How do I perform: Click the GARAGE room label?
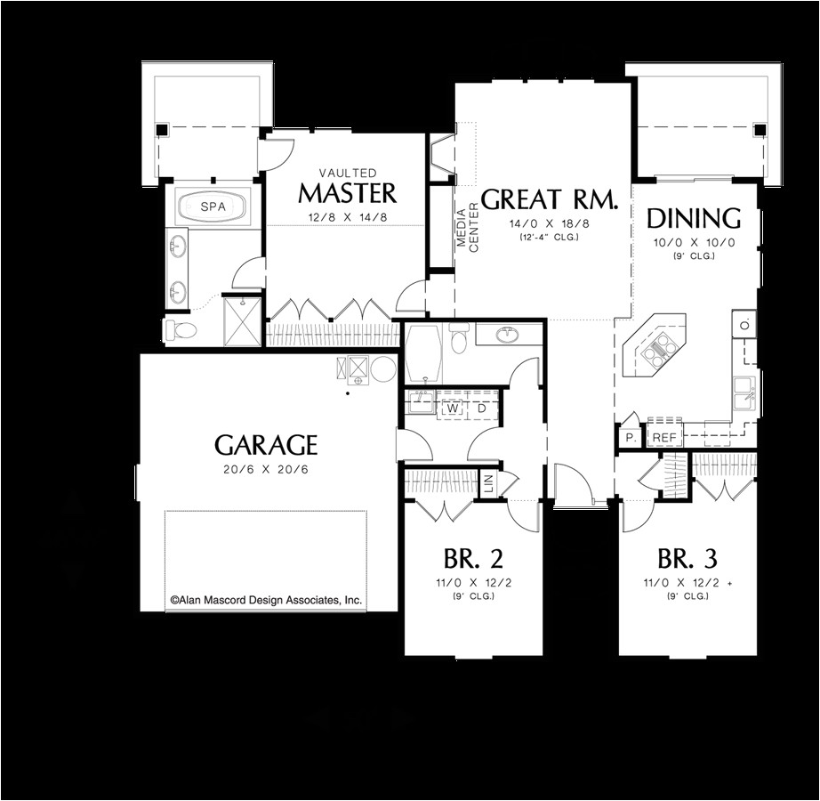265,444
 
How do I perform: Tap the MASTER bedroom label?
347,193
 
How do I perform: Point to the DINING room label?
694,218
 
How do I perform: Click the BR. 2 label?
473,559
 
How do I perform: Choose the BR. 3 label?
687,559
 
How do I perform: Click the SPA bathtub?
213,206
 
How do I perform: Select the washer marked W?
452,409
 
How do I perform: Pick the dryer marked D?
480,409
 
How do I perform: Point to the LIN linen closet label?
487,485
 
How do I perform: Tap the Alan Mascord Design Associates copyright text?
266,601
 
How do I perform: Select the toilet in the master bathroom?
181,330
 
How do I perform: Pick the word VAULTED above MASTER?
347,173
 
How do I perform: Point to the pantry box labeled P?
629,437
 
